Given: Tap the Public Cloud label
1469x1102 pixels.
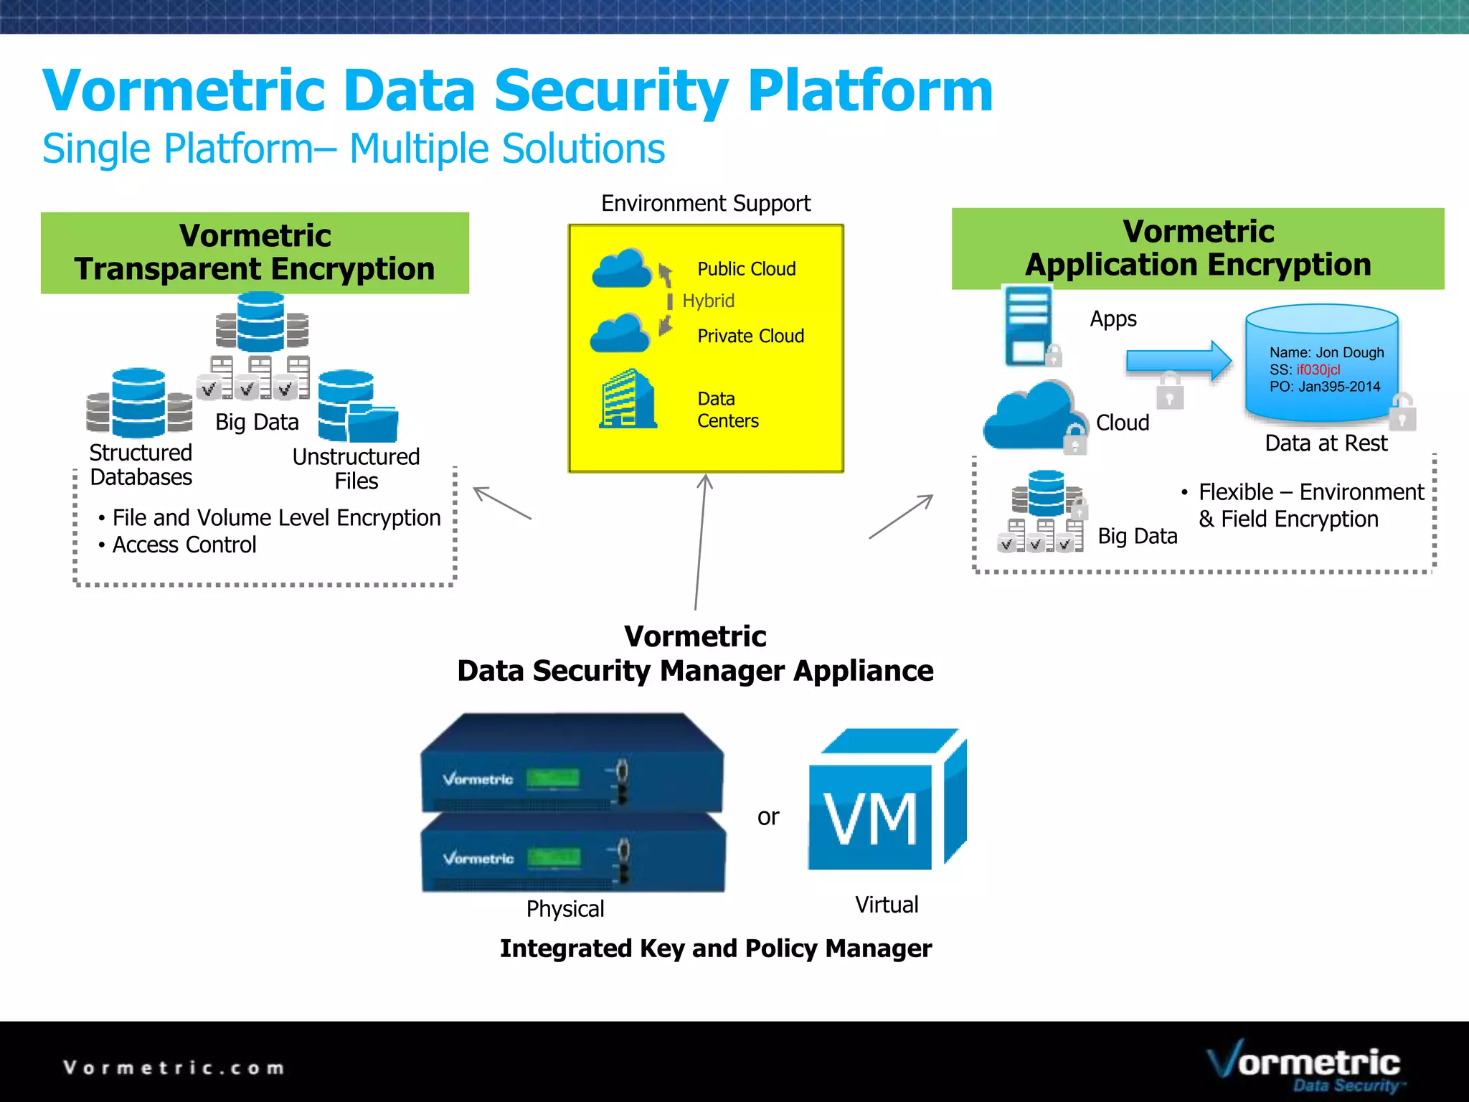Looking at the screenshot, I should (x=746, y=269).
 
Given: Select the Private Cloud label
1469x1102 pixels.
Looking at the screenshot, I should (x=750, y=336).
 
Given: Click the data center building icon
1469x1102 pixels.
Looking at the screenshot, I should (x=628, y=400).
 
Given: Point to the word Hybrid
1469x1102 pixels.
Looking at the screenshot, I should (x=708, y=301).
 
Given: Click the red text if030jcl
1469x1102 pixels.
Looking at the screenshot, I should (x=1318, y=369).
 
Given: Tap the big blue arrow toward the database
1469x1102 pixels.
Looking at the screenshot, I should (x=1178, y=361).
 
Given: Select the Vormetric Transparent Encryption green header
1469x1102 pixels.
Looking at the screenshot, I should (x=255, y=253).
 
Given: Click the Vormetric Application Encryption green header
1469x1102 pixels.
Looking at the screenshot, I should (x=1197, y=248).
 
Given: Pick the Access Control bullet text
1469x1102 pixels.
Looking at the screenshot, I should (x=184, y=545).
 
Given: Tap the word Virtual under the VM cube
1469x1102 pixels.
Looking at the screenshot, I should (x=886, y=905).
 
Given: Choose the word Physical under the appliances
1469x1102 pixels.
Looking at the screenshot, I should (x=565, y=909).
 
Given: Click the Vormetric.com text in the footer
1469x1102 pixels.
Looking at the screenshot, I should (x=174, y=1068).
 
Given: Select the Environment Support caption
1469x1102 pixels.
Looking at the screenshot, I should (x=706, y=204).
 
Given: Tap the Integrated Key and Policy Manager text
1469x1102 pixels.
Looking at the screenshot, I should (x=715, y=948).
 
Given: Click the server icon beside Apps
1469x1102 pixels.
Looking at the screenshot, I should (x=1029, y=326).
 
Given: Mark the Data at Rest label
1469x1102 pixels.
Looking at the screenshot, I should (x=1326, y=443).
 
